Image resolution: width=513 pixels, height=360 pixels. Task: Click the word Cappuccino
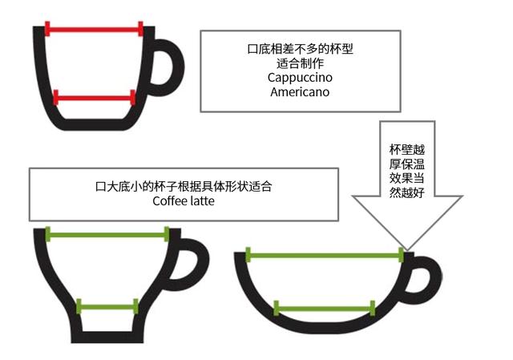[x=300, y=78]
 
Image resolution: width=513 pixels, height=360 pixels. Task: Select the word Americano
[x=300, y=92]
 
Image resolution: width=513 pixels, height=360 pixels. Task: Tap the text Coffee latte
[x=184, y=201]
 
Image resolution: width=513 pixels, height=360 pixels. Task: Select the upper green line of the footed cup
[x=107, y=234]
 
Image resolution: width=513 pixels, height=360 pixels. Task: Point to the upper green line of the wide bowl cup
[x=324, y=256]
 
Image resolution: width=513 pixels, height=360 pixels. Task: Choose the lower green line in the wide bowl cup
[x=325, y=307]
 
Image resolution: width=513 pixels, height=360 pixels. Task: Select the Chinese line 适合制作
[x=300, y=63]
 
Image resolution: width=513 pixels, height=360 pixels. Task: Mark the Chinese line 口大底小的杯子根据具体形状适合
[x=184, y=187]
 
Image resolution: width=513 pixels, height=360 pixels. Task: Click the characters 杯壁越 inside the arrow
[x=406, y=148]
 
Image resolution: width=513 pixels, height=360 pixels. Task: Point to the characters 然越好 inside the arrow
[x=406, y=192]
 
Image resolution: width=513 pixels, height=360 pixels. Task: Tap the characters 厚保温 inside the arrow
[x=406, y=163]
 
